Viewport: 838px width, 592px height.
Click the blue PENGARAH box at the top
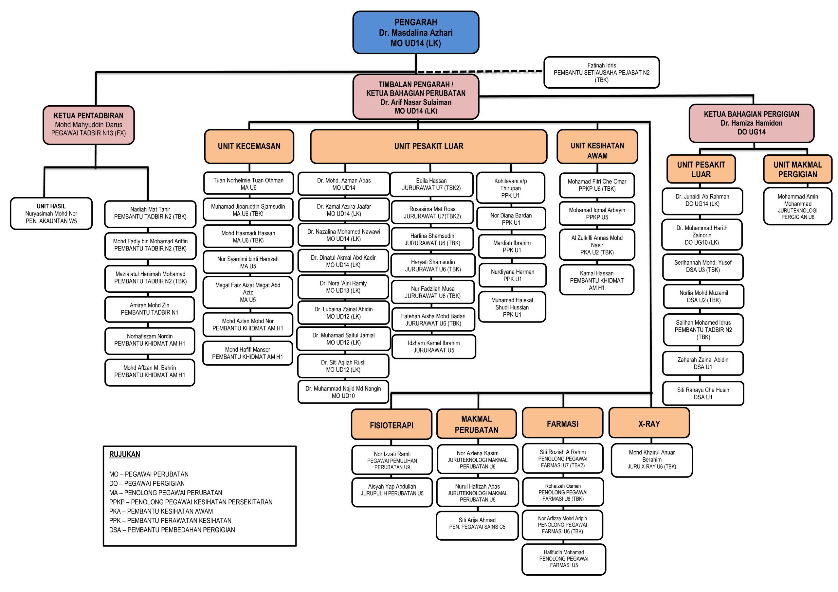[x=416, y=33]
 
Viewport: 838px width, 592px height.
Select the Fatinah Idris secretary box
[x=601, y=73]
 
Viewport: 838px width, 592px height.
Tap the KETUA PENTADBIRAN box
[x=89, y=125]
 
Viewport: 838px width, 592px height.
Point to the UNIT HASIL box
[x=51, y=213]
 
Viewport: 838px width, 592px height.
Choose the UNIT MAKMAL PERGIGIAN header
[x=797, y=169]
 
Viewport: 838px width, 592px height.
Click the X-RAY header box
[x=649, y=424]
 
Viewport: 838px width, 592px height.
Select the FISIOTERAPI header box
[x=391, y=425]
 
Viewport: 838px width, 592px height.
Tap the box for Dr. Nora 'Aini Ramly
[x=343, y=287]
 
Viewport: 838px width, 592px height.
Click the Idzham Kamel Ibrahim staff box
[x=434, y=346]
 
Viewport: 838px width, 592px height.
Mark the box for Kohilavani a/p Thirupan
[x=510, y=188]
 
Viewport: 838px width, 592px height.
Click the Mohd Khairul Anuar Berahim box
[x=651, y=460]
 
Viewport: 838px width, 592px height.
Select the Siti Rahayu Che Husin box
[x=703, y=393]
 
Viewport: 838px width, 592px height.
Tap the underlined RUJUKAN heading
[x=124, y=454]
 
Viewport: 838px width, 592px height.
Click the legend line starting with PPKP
[x=191, y=502]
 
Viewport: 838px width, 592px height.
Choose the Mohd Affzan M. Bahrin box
[x=150, y=371]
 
